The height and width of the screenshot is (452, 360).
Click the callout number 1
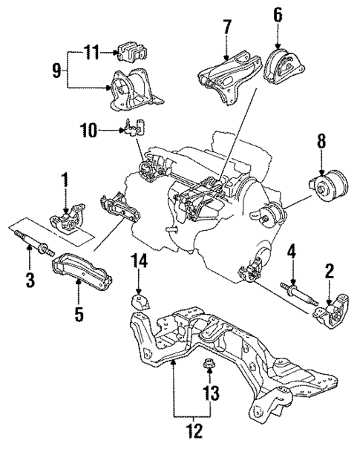(65, 180)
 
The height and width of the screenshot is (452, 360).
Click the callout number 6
(278, 14)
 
